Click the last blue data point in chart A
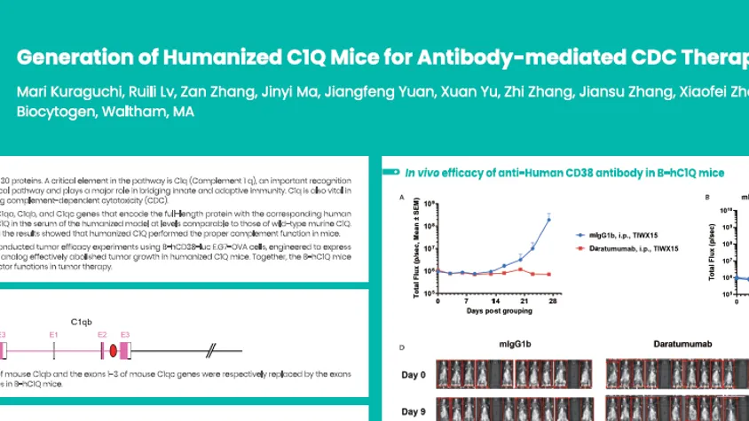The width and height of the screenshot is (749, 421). click(x=550, y=219)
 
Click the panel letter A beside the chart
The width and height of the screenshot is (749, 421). click(x=403, y=198)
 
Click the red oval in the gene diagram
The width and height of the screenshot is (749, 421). click(x=113, y=352)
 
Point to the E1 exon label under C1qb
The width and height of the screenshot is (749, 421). click(x=54, y=334)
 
